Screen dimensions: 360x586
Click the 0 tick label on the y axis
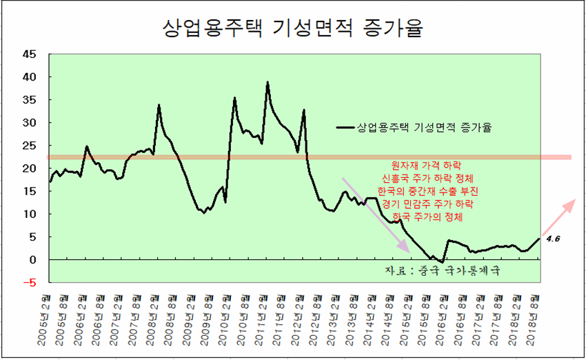(32, 259)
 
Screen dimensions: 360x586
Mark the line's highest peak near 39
(267, 83)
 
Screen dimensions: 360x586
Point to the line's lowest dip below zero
(442, 261)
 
